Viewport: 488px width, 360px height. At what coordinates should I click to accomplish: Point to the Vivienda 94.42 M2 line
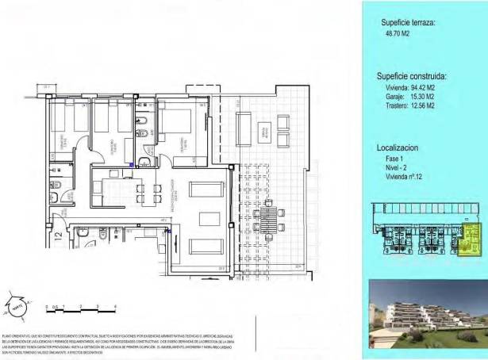[x=407, y=86]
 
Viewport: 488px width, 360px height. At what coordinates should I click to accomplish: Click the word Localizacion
[x=398, y=148]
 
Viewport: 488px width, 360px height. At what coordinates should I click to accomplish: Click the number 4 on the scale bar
[x=116, y=305]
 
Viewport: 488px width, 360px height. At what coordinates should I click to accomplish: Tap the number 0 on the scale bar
[x=47, y=305]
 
